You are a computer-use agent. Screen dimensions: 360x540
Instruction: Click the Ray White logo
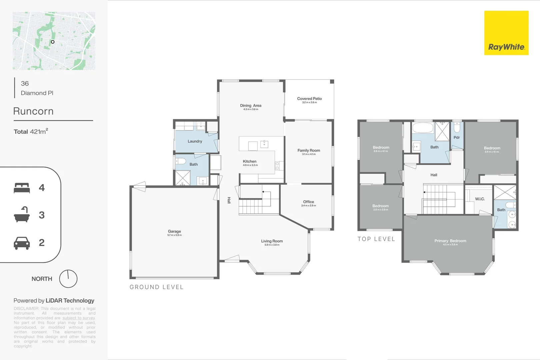coord(506,33)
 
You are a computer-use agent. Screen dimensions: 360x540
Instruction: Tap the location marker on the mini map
coord(52,42)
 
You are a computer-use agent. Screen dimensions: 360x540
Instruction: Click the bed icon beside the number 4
coord(22,188)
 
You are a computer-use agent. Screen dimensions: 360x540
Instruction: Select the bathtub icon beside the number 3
coord(22,215)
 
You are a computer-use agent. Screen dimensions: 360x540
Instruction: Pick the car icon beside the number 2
coord(22,243)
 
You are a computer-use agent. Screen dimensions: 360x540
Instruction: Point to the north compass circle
coord(68,279)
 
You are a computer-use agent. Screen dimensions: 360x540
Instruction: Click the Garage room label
coord(174,231)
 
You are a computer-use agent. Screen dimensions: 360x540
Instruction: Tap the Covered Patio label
coord(309,99)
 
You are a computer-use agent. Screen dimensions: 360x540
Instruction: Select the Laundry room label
coord(195,141)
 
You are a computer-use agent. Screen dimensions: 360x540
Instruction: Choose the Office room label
coord(308,202)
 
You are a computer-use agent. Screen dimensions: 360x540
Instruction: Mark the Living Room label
coord(272,241)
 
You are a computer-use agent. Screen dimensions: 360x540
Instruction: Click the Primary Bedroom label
coord(450,241)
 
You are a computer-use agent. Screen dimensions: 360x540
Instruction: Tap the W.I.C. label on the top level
coord(480,199)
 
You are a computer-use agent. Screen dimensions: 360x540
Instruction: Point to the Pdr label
coord(456,137)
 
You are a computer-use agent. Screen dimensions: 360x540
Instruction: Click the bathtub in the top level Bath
coord(423,128)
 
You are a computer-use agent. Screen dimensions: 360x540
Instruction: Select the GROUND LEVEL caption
coord(156,287)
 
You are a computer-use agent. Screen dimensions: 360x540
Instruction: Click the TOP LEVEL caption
coord(376,239)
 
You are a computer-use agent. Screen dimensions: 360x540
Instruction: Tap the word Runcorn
coord(33,111)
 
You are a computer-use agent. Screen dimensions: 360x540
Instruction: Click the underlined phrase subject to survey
coord(79,318)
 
